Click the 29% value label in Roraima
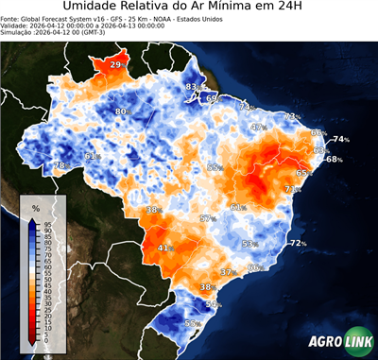pos(116,64)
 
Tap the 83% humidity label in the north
pos(192,87)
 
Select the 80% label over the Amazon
pos(122,111)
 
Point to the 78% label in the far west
pos(60,166)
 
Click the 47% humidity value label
pos(259,127)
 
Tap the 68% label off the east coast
pos(334,159)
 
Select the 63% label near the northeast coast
pos(320,150)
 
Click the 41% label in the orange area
pos(164,249)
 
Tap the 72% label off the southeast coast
pos(298,243)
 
